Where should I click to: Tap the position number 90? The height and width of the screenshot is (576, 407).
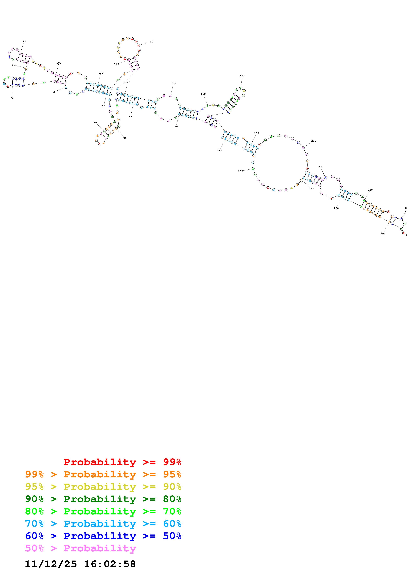[24, 41]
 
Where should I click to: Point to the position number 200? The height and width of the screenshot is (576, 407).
[313, 141]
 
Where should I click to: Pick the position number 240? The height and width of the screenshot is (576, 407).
[383, 233]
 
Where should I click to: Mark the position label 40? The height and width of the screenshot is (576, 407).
[95, 122]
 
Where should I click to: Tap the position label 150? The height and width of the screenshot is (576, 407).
[173, 84]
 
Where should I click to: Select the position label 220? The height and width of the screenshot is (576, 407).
[370, 190]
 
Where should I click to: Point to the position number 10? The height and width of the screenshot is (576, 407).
[176, 127]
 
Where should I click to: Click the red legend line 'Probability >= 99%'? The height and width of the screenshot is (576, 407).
[122, 462]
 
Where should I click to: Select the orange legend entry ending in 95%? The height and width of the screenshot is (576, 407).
[103, 474]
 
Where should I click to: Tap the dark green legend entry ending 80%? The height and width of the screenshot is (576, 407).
[103, 499]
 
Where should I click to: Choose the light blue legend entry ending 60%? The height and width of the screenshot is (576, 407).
[103, 524]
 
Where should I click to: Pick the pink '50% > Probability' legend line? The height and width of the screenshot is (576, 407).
[80, 548]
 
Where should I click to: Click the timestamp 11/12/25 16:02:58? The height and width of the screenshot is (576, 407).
[80, 564]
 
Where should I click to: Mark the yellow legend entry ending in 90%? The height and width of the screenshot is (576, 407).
[103, 487]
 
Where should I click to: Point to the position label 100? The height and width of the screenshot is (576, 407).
[59, 63]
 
